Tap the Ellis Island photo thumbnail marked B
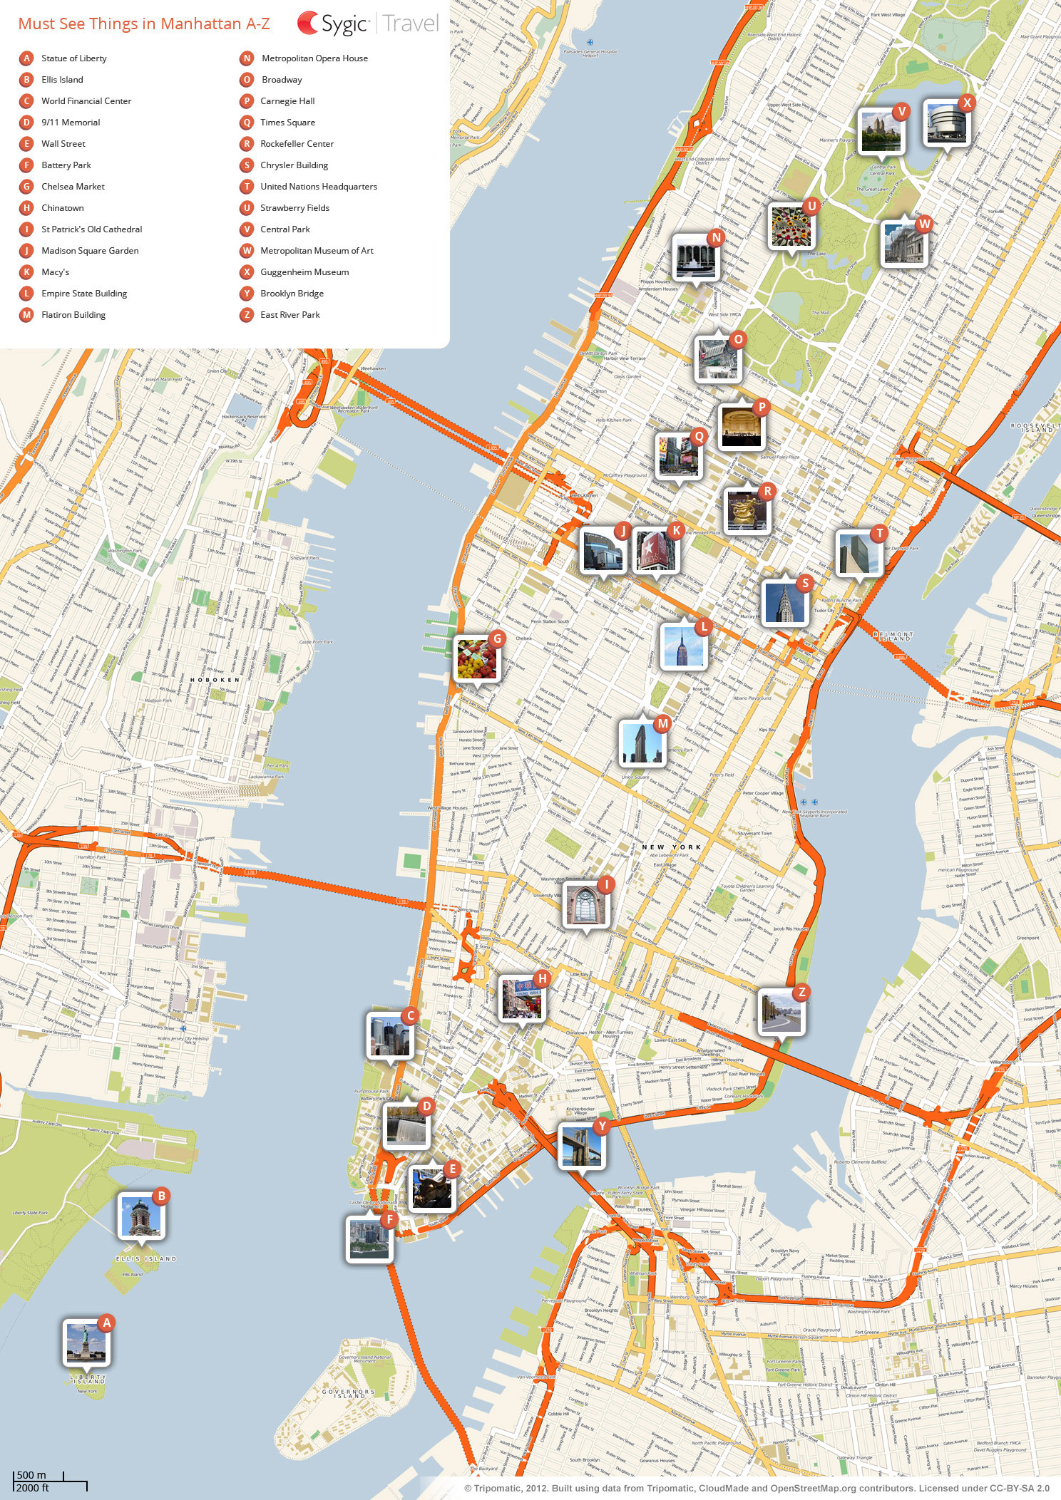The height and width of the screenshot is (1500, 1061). click(140, 1216)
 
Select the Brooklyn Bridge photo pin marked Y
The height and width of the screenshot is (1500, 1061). click(581, 1145)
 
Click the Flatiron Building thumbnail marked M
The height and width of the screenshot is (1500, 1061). click(643, 743)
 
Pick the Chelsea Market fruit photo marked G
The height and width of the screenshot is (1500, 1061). click(476, 658)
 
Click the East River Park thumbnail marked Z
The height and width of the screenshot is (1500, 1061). click(781, 1013)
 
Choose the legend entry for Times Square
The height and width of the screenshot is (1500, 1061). click(287, 123)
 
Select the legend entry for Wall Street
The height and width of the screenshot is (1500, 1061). click(63, 144)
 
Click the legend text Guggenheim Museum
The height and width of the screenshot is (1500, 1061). click(304, 272)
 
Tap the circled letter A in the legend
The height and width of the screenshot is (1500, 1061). click(26, 58)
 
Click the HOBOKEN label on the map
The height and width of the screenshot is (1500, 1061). click(215, 680)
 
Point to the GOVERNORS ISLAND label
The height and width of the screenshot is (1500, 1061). click(348, 1393)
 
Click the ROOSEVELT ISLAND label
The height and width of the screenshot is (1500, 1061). click(1031, 428)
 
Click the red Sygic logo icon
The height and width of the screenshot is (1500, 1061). click(308, 23)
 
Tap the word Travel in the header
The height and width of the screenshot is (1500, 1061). click(411, 24)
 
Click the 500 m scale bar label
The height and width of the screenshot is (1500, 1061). click(31, 1475)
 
